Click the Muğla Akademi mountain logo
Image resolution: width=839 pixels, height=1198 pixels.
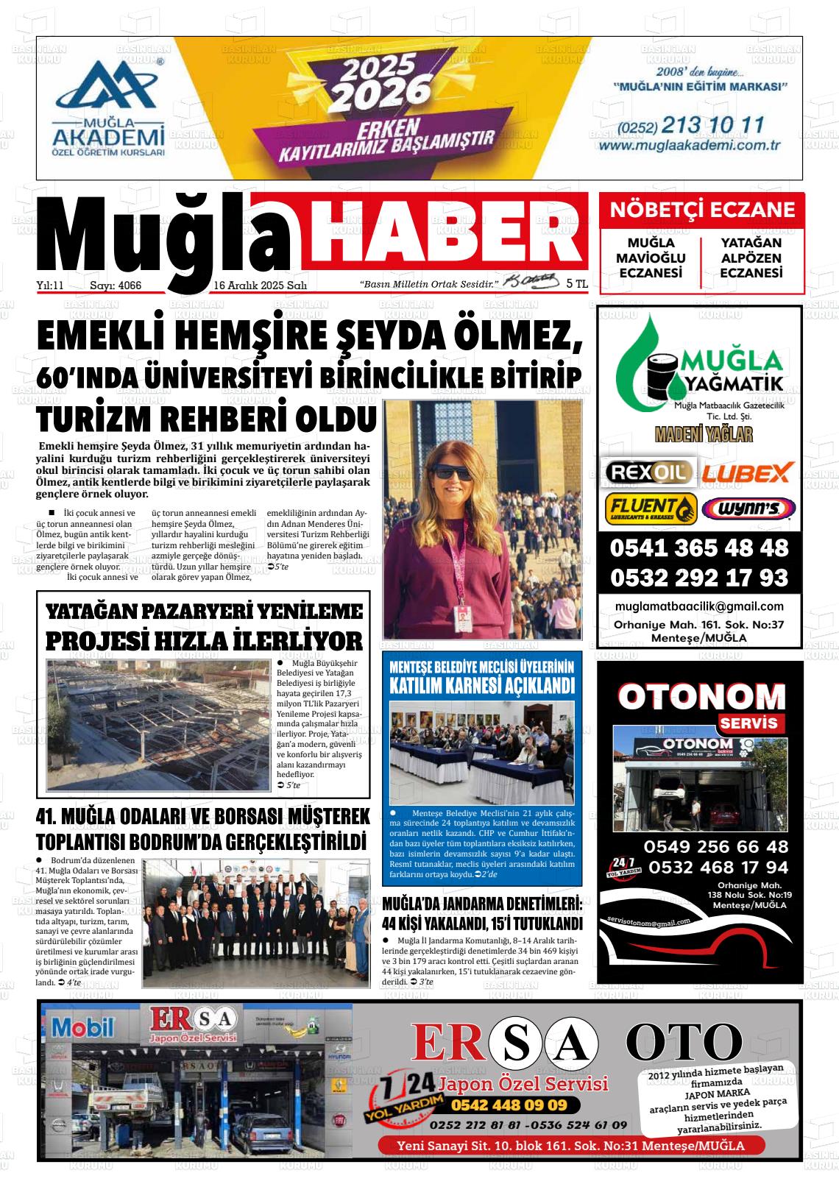(x=107, y=86)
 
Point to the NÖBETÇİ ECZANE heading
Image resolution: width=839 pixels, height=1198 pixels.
(x=702, y=210)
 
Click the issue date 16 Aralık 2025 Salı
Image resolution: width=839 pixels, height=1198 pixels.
(x=260, y=286)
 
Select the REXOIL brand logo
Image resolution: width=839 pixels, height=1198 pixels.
(x=648, y=471)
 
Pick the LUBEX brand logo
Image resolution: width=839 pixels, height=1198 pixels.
(x=746, y=472)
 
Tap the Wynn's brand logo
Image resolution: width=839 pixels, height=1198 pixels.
(x=748, y=508)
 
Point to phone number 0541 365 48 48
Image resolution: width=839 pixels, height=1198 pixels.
(x=698, y=548)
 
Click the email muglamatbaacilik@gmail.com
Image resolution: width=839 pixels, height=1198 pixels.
(x=699, y=606)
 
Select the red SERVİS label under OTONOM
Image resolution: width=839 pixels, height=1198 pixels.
(x=748, y=723)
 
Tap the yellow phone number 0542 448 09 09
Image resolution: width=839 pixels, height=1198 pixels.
(x=509, y=1105)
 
